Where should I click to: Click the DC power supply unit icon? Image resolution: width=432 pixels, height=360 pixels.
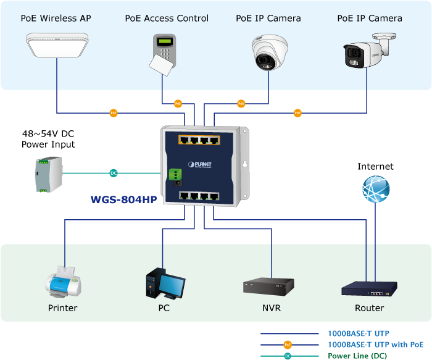tap(47, 174)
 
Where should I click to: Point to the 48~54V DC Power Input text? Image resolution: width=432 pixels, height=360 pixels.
tap(48, 139)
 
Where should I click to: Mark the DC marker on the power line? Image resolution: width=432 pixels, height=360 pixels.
tap(114, 174)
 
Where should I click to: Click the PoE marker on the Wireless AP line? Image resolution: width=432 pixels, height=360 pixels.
tap(114, 113)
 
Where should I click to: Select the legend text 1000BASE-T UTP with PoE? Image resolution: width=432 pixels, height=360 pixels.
tap(375, 345)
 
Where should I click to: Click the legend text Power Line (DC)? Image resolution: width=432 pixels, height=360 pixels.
tap(357, 356)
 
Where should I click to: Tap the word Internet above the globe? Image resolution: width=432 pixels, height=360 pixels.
tap(375, 167)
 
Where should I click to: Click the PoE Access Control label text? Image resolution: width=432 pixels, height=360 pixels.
tap(167, 19)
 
